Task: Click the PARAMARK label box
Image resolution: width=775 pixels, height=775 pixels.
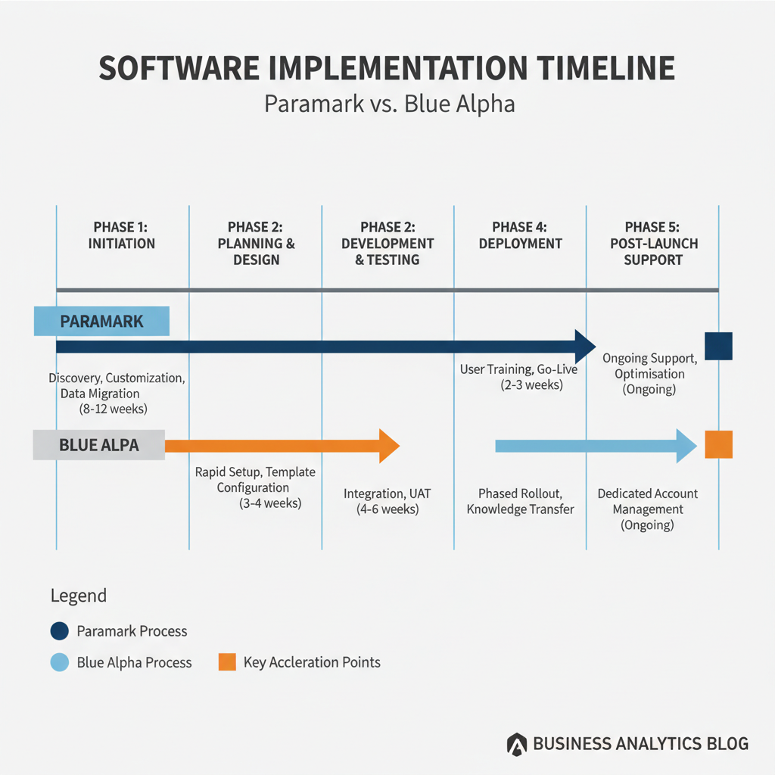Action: click(x=101, y=321)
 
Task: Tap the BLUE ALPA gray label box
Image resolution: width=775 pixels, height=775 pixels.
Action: click(x=99, y=445)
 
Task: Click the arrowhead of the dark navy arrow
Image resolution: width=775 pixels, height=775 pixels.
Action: click(x=586, y=347)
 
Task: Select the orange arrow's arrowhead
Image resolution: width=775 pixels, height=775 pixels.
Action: click(x=390, y=446)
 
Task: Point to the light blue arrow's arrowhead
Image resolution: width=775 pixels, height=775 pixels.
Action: click(x=686, y=446)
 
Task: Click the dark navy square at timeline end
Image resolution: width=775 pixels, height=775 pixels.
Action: click(x=719, y=346)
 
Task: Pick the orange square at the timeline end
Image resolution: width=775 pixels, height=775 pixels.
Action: click(x=719, y=444)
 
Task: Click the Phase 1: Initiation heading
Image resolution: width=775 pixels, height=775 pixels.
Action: click(x=121, y=235)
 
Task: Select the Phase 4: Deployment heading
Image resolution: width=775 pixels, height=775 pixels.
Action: click(x=520, y=235)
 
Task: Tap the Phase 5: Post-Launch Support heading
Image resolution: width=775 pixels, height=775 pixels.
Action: click(x=653, y=244)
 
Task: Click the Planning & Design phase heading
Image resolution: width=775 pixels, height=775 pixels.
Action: click(x=256, y=244)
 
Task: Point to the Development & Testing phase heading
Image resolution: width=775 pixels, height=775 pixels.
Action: click(x=387, y=244)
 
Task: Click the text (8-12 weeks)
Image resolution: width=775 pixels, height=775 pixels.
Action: click(x=114, y=409)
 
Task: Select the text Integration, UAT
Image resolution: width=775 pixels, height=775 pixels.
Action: click(x=387, y=493)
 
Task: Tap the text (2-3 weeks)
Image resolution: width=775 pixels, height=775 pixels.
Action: click(x=532, y=385)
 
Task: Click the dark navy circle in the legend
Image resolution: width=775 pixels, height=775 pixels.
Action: click(x=59, y=631)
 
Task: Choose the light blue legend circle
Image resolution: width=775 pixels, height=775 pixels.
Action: click(x=59, y=662)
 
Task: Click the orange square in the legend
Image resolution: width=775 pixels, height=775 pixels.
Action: click(x=227, y=661)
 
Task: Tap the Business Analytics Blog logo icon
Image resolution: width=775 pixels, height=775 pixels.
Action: click(x=517, y=745)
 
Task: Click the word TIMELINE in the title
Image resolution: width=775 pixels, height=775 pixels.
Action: click(x=606, y=68)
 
